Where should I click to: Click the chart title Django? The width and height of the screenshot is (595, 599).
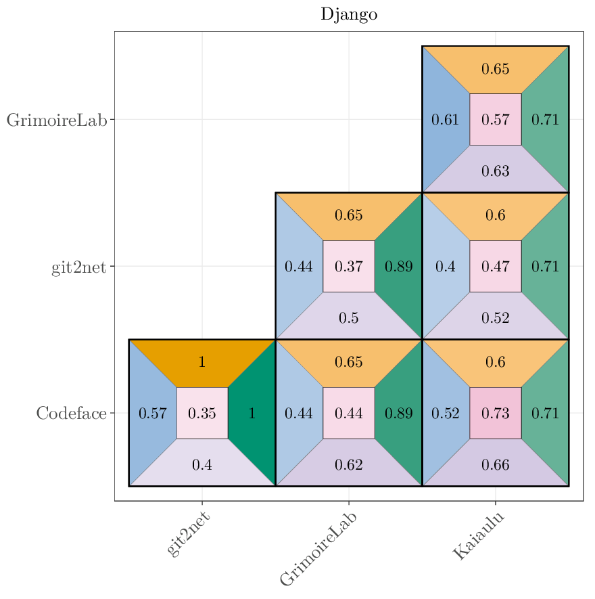click(x=349, y=15)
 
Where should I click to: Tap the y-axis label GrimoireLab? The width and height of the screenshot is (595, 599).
click(x=57, y=120)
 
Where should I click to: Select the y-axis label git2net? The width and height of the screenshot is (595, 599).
click(x=79, y=267)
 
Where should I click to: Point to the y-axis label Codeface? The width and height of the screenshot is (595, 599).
click(x=72, y=414)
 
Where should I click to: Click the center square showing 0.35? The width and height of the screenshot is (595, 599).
click(x=202, y=413)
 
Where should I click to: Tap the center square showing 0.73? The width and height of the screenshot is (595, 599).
click(x=496, y=413)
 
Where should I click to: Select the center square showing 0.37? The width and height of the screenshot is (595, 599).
click(x=349, y=266)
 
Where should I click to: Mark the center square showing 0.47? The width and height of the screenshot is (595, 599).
click(x=496, y=266)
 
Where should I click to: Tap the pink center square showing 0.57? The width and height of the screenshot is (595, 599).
click(x=496, y=120)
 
